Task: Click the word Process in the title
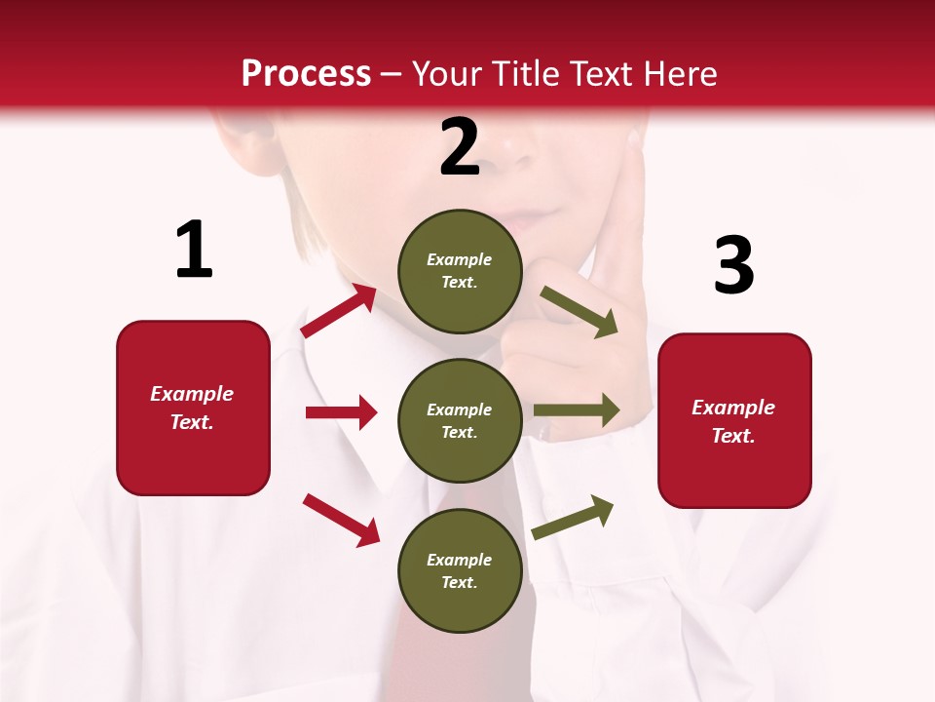pyautogui.click(x=306, y=73)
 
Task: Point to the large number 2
pyautogui.click(x=460, y=147)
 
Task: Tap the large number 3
pyautogui.click(x=733, y=266)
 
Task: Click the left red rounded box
pyautogui.click(x=193, y=408)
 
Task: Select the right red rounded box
pyautogui.click(x=734, y=420)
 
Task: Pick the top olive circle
pyautogui.click(x=460, y=271)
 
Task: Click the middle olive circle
pyautogui.click(x=460, y=420)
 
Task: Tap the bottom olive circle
pyautogui.click(x=460, y=570)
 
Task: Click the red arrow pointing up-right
pyautogui.click(x=338, y=311)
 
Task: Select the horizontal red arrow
pyautogui.click(x=341, y=412)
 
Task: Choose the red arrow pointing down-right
pyautogui.click(x=341, y=520)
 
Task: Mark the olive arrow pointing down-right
pyautogui.click(x=579, y=312)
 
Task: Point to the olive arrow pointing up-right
pyautogui.click(x=573, y=518)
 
